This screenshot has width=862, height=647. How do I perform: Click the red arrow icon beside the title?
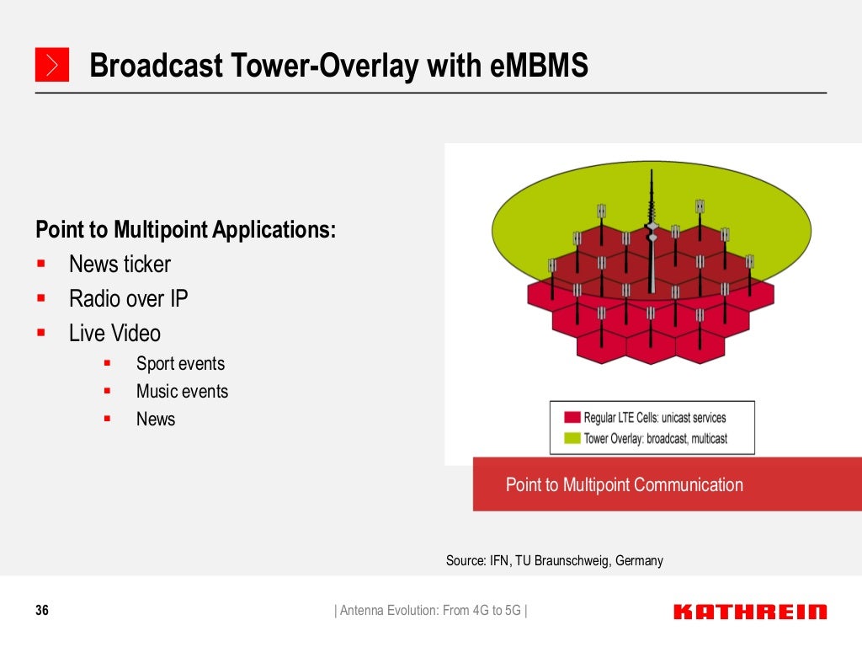point(51,65)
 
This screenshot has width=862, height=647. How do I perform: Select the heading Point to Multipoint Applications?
point(185,229)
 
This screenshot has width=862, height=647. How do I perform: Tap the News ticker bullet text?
point(120,265)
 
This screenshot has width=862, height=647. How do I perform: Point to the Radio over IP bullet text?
point(128,299)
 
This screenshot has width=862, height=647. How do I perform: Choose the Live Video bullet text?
point(114,334)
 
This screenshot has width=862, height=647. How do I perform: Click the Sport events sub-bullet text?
point(180,364)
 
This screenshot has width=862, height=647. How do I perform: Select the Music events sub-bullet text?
point(182,392)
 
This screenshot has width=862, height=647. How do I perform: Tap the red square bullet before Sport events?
point(107,364)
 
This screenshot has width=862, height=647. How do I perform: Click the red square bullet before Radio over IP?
point(40,298)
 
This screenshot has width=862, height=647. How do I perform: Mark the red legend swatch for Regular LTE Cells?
point(572,418)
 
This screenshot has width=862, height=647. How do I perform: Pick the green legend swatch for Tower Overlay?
point(572,438)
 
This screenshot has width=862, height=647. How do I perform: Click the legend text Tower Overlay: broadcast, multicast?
point(655,438)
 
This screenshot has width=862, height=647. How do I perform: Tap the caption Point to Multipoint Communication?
point(624,484)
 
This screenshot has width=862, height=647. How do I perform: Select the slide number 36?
point(42,611)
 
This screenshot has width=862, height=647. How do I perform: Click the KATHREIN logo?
point(750,612)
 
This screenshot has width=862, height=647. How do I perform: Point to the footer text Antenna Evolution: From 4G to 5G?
point(431,611)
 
